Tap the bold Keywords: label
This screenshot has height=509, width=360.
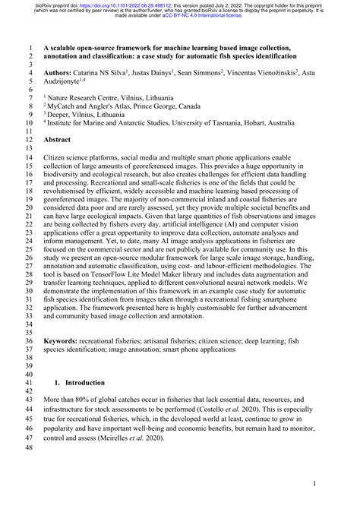[x=64, y=341]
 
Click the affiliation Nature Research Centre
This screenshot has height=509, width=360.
[x=88, y=99]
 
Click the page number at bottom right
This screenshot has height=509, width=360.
[x=314, y=485]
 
